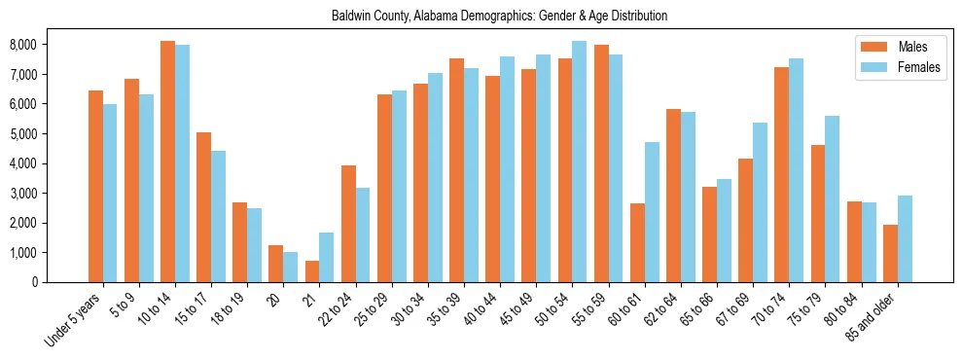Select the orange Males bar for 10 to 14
click(x=167, y=162)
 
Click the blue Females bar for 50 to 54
click(x=579, y=162)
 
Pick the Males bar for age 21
click(x=311, y=271)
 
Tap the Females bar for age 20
click(x=290, y=267)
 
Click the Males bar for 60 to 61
click(x=637, y=242)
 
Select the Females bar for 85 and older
click(x=905, y=238)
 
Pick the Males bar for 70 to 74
click(x=782, y=174)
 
